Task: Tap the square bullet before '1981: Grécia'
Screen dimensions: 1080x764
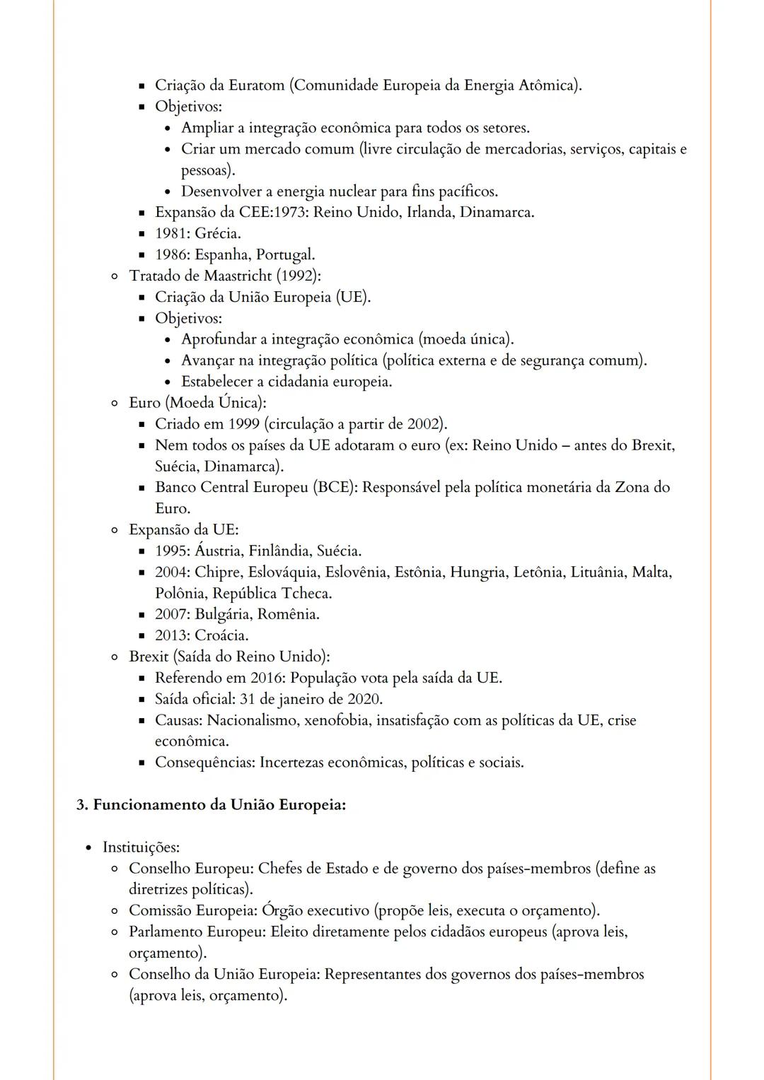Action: click(x=141, y=234)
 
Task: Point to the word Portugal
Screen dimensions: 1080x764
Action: click(x=284, y=254)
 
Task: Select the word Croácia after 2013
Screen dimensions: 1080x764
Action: click(x=221, y=635)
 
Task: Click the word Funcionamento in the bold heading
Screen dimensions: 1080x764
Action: click(x=149, y=805)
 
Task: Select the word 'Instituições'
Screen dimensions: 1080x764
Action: click(x=141, y=847)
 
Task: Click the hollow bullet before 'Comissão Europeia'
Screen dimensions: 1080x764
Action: click(x=114, y=911)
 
